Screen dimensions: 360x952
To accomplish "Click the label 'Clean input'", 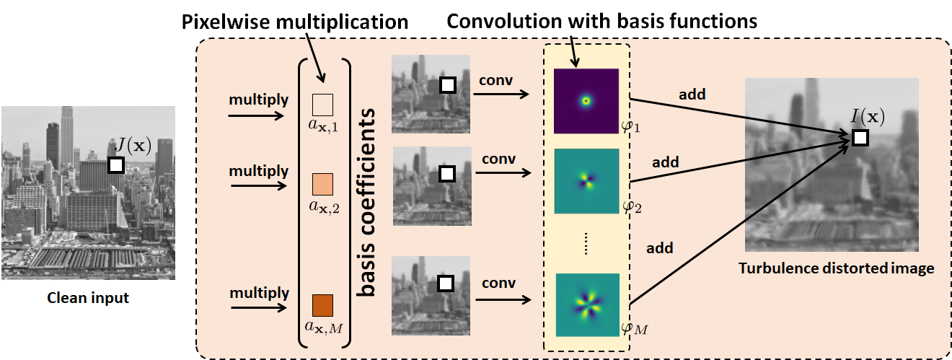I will pyautogui.click(x=87, y=297).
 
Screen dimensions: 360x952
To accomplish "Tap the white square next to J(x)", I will pyautogui.click(x=115, y=165).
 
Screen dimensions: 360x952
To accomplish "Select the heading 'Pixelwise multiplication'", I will pyautogui.click(x=294, y=22).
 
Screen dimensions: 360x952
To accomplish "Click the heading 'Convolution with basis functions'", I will pyautogui.click(x=602, y=22).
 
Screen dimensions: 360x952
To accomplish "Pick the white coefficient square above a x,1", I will pyautogui.click(x=322, y=105).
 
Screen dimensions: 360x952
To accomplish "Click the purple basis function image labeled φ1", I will pyautogui.click(x=586, y=101).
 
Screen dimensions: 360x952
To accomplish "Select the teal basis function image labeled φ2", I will pyautogui.click(x=586, y=181).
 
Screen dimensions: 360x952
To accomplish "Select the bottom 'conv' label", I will pyautogui.click(x=498, y=283).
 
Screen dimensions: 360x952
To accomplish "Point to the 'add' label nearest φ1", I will pyautogui.click(x=692, y=94).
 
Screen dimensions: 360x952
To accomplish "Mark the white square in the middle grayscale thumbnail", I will pyautogui.click(x=446, y=174).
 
